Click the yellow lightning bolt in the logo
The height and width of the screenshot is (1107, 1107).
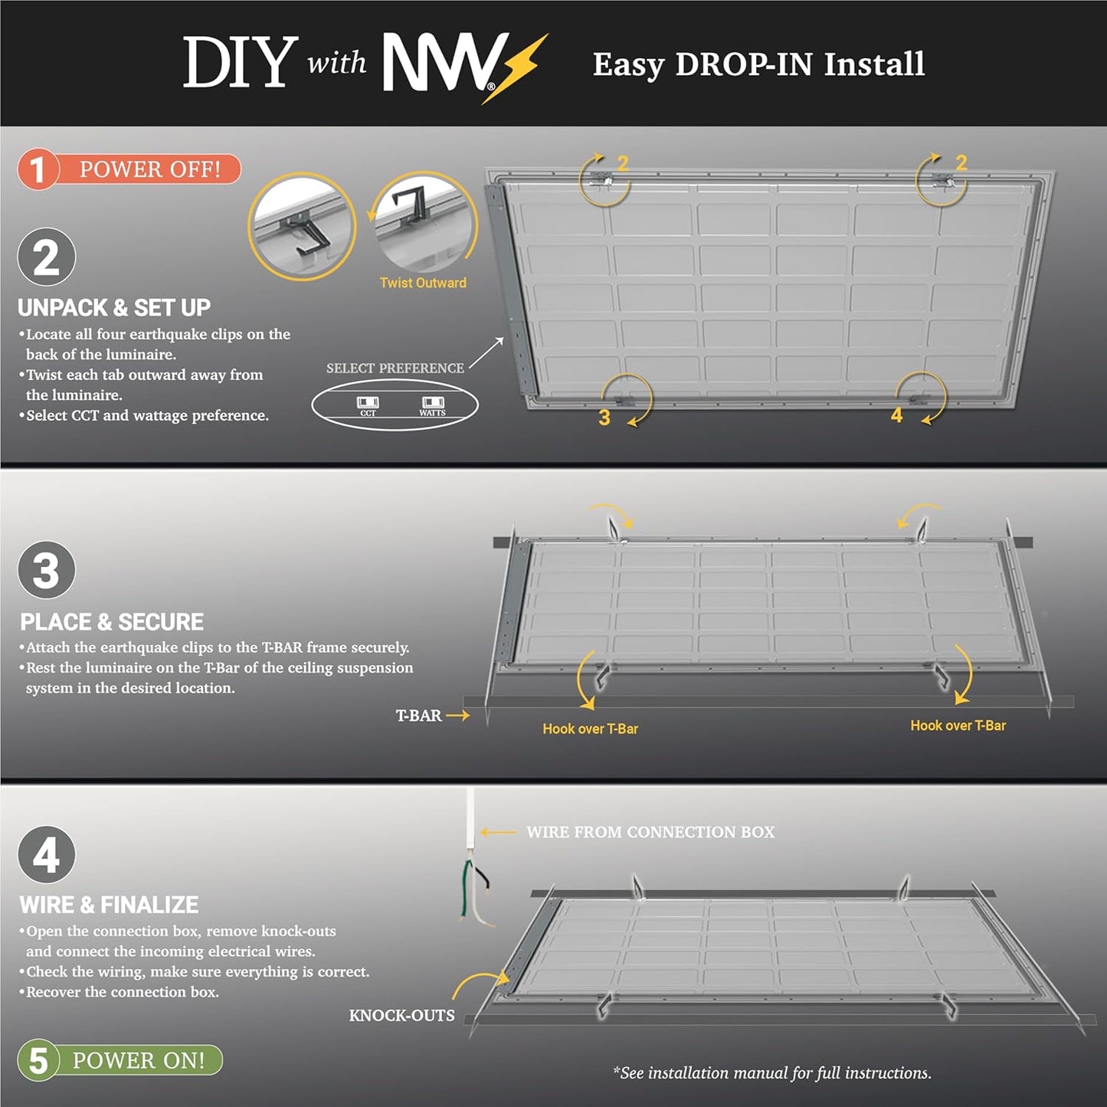pyautogui.click(x=516, y=69)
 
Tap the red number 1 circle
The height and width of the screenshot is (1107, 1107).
pyautogui.click(x=38, y=169)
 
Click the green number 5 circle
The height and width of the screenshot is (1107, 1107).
pyautogui.click(x=38, y=1061)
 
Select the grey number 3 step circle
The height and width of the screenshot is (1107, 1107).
pyautogui.click(x=46, y=570)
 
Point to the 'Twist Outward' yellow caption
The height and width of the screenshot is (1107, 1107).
pyautogui.click(x=423, y=283)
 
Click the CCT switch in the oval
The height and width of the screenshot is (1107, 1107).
pyautogui.click(x=368, y=403)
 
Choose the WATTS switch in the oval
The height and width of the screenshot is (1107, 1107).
pyautogui.click(x=433, y=403)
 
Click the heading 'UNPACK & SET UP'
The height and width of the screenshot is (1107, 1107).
pyautogui.click(x=114, y=308)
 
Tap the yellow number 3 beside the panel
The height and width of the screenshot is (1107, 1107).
pyautogui.click(x=604, y=418)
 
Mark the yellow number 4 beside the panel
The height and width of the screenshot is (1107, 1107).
pyautogui.click(x=896, y=415)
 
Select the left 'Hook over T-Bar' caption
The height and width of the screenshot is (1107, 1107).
pyautogui.click(x=590, y=729)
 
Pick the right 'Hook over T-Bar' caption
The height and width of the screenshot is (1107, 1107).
pyautogui.click(x=958, y=725)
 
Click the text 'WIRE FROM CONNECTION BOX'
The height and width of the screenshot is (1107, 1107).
pyautogui.click(x=650, y=832)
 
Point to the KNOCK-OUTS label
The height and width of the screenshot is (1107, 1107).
pyautogui.click(x=401, y=1016)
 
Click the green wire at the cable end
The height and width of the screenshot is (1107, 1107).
pyautogui.click(x=466, y=889)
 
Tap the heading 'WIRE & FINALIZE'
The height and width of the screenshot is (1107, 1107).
pyautogui.click(x=109, y=905)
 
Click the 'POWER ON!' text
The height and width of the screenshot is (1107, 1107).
pyautogui.click(x=139, y=1061)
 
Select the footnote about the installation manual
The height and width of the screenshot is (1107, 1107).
pyautogui.click(x=772, y=1073)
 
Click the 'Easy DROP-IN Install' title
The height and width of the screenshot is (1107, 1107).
pyautogui.click(x=758, y=64)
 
